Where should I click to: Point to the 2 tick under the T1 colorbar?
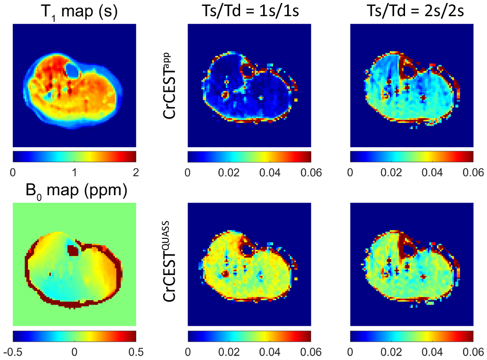click(135, 173)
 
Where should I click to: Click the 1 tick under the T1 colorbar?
click(74, 173)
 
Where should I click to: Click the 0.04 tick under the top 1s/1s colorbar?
click(270, 173)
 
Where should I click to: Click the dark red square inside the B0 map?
click(74, 251)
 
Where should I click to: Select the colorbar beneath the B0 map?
click(74, 336)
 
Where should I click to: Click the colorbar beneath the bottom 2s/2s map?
click(411, 336)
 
